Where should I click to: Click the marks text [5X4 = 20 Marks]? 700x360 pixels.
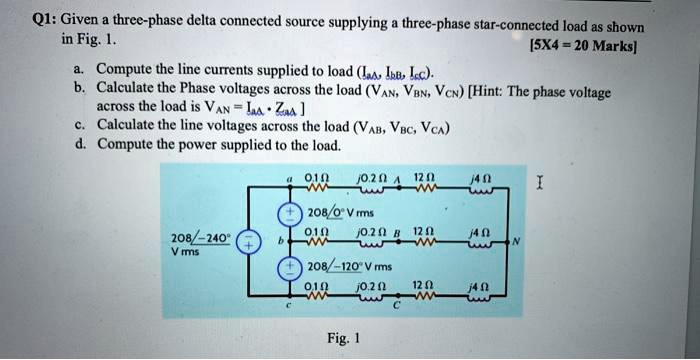pyautogui.click(x=593, y=45)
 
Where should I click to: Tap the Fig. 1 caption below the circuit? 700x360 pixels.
pyautogui.click(x=345, y=338)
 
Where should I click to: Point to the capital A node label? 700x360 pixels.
pyautogui.click(x=396, y=181)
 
